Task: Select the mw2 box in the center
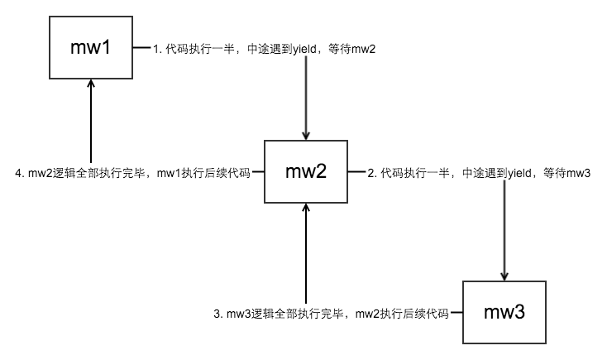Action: [x=305, y=172]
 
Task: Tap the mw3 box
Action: [x=504, y=313]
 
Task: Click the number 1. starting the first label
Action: [x=157, y=49]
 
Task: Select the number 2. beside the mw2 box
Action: [x=372, y=173]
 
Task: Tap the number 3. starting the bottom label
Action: [x=218, y=314]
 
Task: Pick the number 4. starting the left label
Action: [x=20, y=173]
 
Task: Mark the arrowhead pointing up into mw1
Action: [x=91, y=88]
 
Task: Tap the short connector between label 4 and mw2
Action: [x=258, y=173]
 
